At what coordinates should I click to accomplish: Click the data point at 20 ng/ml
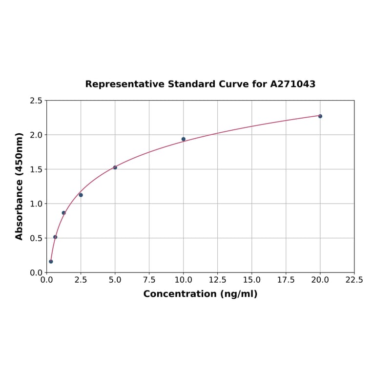tap(320, 116)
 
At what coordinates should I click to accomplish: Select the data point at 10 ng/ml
tap(184, 139)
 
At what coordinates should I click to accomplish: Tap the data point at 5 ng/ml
tap(115, 167)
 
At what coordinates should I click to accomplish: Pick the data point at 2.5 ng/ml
tap(81, 195)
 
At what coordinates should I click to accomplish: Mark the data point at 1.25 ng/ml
tap(64, 213)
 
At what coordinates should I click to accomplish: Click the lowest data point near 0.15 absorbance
tap(51, 262)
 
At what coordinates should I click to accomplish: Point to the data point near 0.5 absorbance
tap(55, 237)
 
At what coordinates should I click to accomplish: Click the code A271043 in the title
tap(293, 84)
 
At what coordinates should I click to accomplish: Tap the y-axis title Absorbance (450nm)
tap(20, 186)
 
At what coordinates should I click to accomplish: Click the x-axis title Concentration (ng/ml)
tap(200, 294)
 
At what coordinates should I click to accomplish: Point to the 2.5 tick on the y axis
tap(36, 101)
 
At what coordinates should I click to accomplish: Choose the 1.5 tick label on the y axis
tap(36, 169)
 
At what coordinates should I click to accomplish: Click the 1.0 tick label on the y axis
tap(36, 204)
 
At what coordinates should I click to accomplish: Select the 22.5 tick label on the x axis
tap(354, 280)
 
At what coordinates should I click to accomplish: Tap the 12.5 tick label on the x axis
tap(217, 280)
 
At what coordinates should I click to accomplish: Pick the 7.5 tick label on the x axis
tap(149, 280)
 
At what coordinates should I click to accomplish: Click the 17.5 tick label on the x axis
tap(286, 280)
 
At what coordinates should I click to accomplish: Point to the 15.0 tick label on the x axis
tap(251, 280)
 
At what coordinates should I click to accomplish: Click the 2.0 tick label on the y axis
tap(36, 135)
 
